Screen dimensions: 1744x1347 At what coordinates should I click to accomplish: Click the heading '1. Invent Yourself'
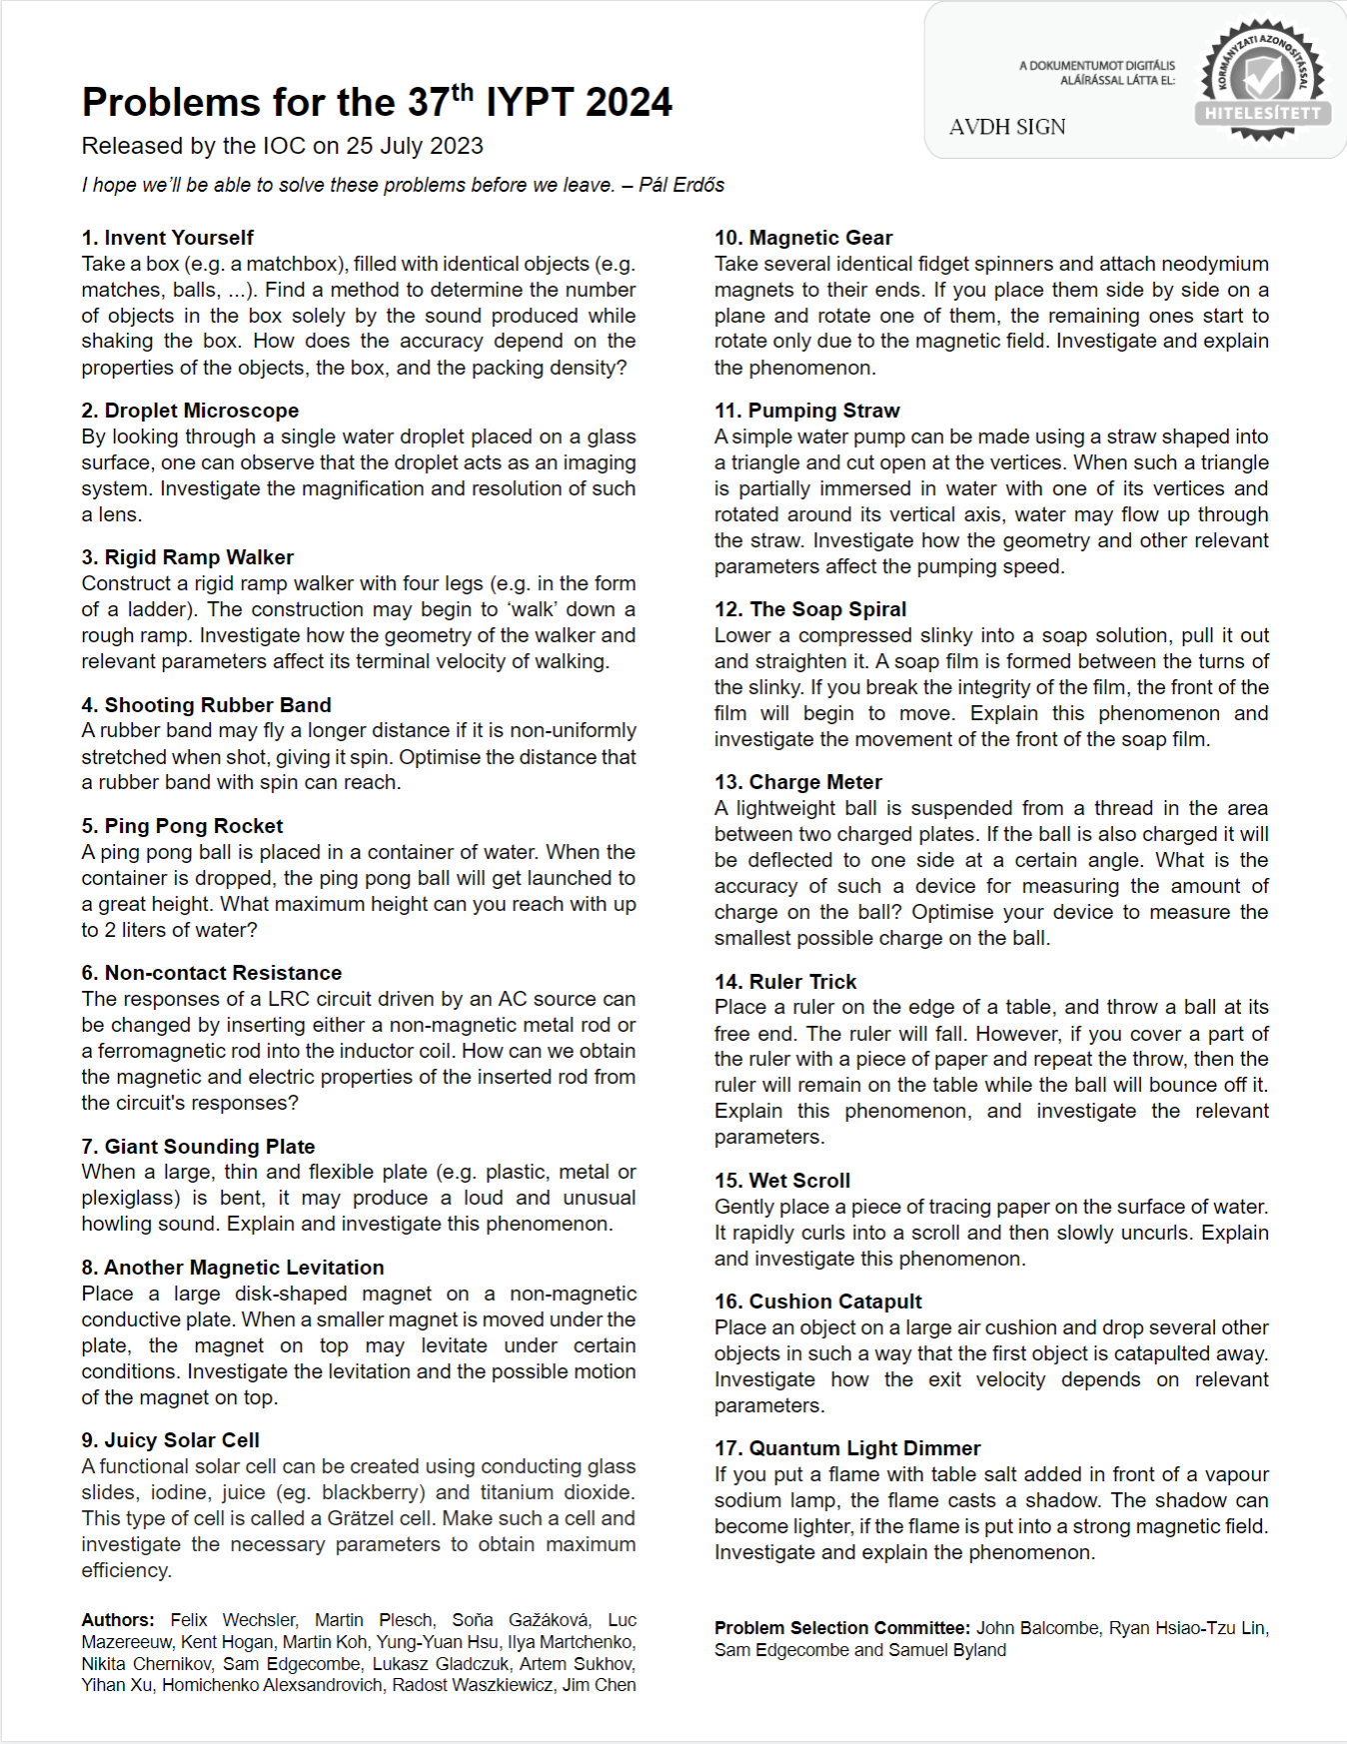pos(168,238)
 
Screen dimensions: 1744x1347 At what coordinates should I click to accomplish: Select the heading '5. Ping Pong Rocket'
pos(182,826)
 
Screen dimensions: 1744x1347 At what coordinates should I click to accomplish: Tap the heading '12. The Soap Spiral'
pos(810,609)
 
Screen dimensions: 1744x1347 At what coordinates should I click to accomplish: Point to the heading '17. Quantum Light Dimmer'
pos(847,1448)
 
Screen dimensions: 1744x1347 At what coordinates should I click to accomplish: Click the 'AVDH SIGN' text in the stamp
pos(1007,127)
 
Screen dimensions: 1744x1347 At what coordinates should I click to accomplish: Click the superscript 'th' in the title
pos(462,92)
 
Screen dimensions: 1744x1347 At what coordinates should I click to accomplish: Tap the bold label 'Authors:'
pos(118,1620)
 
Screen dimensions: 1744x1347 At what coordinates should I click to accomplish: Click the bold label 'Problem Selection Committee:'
pos(842,1628)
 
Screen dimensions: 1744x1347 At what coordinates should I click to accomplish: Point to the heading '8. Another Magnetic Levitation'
pos(233,1268)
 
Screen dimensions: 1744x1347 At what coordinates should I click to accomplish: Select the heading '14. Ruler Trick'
pos(785,982)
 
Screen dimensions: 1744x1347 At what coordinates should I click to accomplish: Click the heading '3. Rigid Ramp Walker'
pos(188,557)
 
